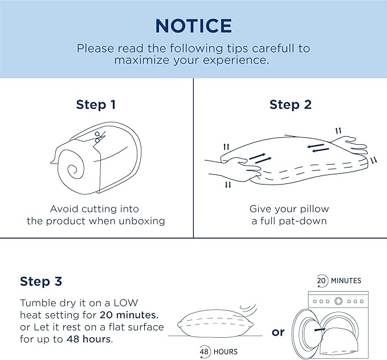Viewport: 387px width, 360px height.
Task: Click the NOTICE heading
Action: [x=194, y=26]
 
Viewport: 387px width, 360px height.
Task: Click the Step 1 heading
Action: [x=96, y=105]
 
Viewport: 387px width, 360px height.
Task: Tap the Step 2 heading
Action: [x=291, y=105]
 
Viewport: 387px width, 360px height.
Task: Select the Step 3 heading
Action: [x=41, y=281]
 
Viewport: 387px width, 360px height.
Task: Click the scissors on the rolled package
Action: [x=100, y=137]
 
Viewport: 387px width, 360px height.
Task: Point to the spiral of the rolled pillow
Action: [x=73, y=170]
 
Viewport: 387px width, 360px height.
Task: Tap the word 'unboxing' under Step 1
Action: [x=142, y=221]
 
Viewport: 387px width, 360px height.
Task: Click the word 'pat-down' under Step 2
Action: [x=303, y=221]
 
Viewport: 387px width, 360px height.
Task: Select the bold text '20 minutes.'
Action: [x=129, y=315]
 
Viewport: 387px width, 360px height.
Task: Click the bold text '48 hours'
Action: [x=88, y=339]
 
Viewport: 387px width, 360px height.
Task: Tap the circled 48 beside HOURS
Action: [x=205, y=351]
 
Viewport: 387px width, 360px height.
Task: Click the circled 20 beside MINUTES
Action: [x=322, y=281]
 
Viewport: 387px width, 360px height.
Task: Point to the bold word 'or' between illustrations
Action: [x=278, y=332]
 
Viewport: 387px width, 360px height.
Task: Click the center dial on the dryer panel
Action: [x=339, y=301]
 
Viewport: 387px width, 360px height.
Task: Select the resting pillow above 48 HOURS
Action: [x=215, y=324]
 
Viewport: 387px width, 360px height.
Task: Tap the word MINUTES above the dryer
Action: [x=346, y=281]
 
